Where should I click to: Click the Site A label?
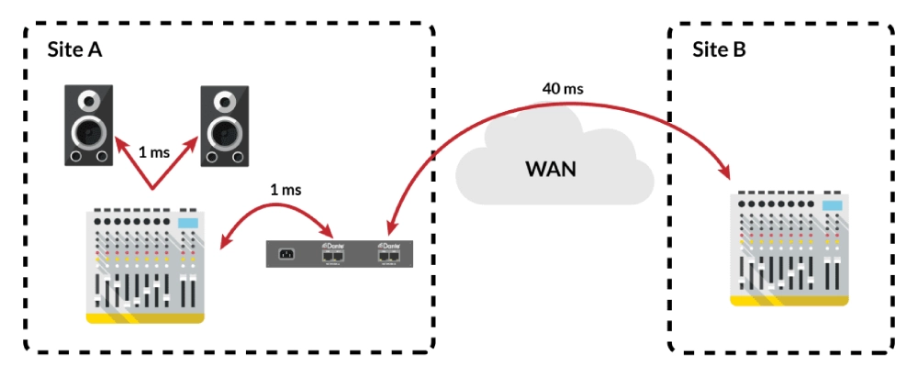tap(74, 50)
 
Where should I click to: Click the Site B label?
tap(722, 50)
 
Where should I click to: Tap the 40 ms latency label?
tap(563, 89)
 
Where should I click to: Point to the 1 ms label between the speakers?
tap(154, 152)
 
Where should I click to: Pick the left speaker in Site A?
tap(88, 126)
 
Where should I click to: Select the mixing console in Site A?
tap(145, 267)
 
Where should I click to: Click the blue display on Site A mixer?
tap(187, 224)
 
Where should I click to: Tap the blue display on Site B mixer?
tap(832, 205)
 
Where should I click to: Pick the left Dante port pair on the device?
tap(331, 256)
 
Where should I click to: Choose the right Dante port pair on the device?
tap(389, 256)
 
